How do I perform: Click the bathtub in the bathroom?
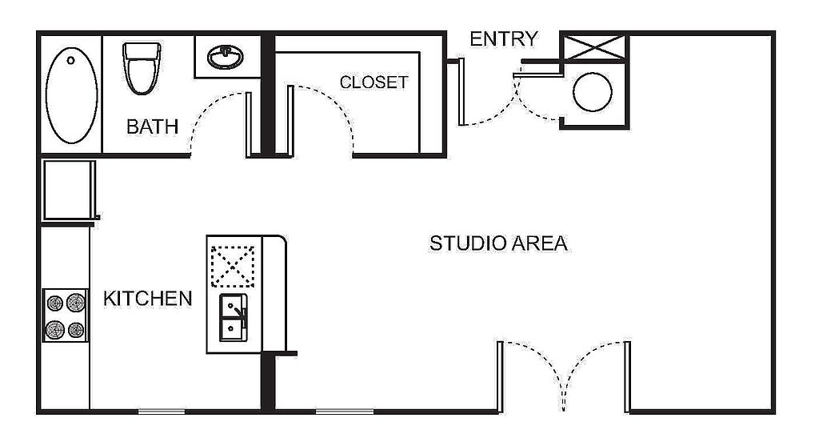pos(71,95)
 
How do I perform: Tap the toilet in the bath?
pos(142,69)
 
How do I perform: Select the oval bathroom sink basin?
pos(225,57)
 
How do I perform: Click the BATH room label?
pos(152,127)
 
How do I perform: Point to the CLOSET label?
pos(374,82)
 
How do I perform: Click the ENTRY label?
pos(504,38)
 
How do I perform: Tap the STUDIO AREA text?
pos(498,243)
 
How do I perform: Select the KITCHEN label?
pos(148,299)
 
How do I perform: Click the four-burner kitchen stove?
pos(66,315)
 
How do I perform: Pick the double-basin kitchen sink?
pos(233,318)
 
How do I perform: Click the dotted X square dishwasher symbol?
pos(233,267)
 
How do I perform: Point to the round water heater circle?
pos(593,92)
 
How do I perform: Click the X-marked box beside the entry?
pos(595,47)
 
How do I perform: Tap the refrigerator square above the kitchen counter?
pos(69,189)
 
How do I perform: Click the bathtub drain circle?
pos(70,60)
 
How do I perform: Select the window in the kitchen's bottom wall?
pos(162,412)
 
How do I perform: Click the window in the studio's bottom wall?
pos(345,412)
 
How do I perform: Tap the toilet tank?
pos(142,51)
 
